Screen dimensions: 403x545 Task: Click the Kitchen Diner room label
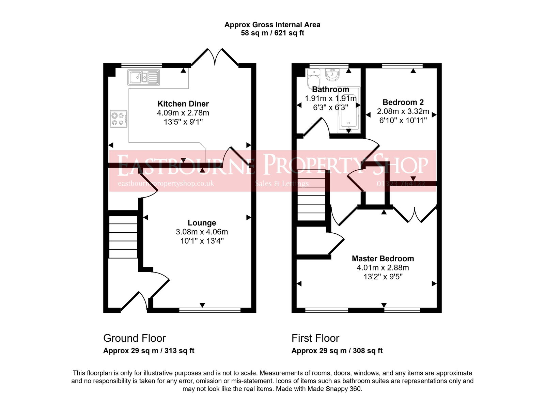coord(183,104)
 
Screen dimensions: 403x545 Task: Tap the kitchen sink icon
coord(143,77)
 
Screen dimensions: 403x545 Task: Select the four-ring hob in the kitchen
coord(119,119)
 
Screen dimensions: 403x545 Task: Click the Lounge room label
coord(202,223)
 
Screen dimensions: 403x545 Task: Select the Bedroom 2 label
coord(403,102)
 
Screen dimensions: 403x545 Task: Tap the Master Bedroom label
coord(383,259)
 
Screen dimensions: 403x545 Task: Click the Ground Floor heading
coord(134,338)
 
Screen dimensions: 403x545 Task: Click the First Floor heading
coord(315,338)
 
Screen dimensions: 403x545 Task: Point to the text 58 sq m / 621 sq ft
coord(272,33)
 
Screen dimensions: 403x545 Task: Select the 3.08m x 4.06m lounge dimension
coord(202,232)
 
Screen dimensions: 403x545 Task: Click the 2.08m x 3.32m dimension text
coord(403,111)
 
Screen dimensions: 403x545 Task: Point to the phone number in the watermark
coord(401,184)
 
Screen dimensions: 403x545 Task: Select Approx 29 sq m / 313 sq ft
coord(149,351)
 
